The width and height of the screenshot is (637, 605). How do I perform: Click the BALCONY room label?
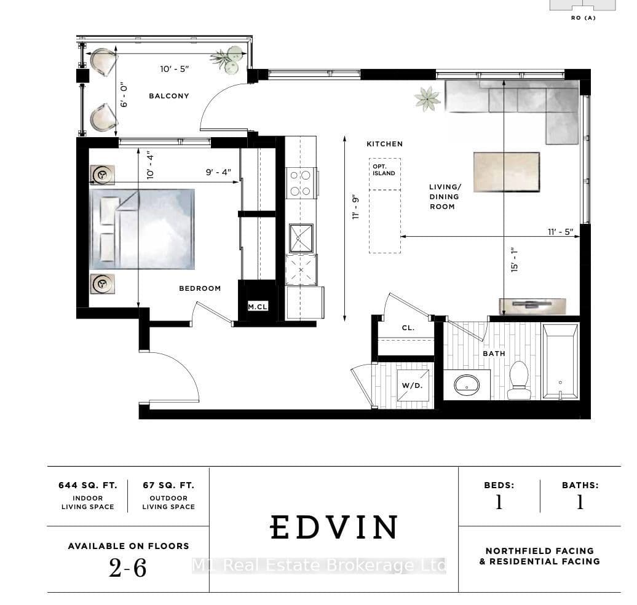tap(169, 96)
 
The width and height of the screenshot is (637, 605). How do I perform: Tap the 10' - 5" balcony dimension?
tap(175, 69)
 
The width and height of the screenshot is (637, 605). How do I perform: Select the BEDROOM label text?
tap(200, 288)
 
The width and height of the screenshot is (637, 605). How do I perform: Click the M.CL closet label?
tap(258, 307)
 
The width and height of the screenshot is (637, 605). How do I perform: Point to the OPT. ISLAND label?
tap(384, 170)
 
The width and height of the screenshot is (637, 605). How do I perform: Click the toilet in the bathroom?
tap(519, 380)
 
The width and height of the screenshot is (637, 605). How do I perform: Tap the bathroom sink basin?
tap(467, 384)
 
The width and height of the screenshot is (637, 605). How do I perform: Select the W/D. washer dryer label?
tap(413, 385)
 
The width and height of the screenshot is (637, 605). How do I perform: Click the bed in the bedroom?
tap(142, 229)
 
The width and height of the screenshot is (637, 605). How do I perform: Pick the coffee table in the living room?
tap(507, 172)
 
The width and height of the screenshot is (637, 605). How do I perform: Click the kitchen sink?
tap(301, 238)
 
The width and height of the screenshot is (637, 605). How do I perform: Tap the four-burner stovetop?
tap(301, 183)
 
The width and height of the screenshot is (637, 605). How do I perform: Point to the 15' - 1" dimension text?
tap(515, 259)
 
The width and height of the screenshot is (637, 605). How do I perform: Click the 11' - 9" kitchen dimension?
tap(356, 208)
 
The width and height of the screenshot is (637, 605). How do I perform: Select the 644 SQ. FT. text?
tap(88, 485)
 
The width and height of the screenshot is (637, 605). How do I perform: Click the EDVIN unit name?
tap(334, 528)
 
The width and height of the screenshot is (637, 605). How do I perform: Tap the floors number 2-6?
tap(127, 567)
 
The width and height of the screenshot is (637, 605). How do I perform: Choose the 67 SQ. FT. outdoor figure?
tap(168, 485)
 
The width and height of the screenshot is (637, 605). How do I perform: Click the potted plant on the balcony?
tap(228, 59)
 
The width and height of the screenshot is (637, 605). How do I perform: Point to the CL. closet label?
tap(408, 328)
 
